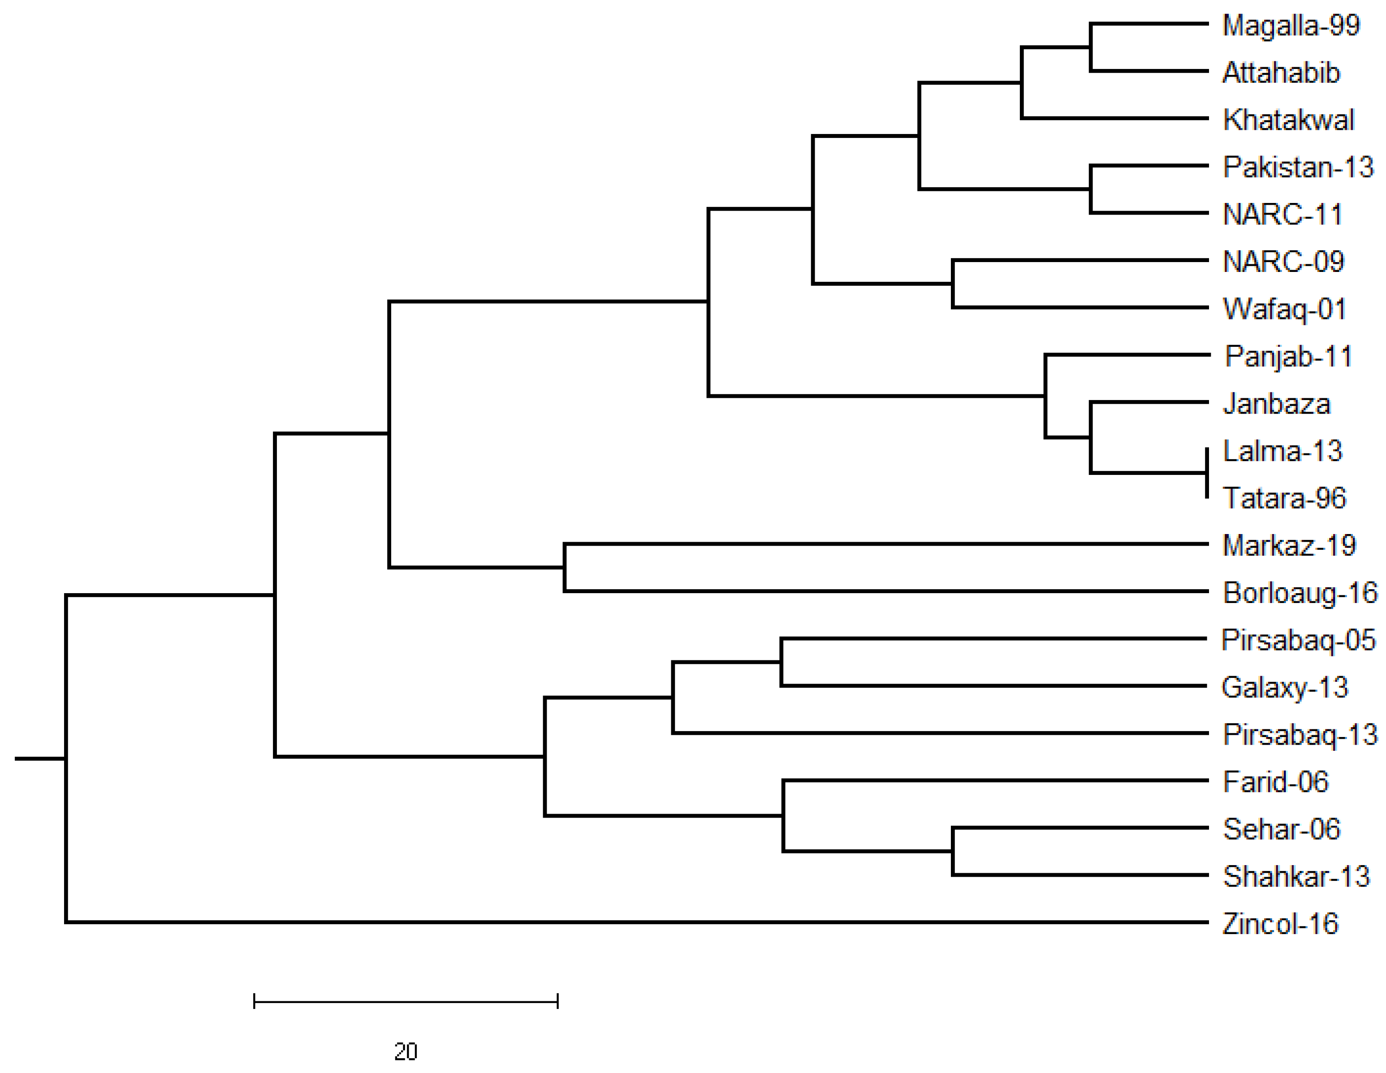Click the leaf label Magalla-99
(x=1291, y=26)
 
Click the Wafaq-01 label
(x=1284, y=309)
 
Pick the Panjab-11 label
(x=1288, y=356)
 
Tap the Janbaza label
(x=1276, y=404)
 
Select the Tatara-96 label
(x=1284, y=498)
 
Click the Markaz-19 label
(x=1289, y=546)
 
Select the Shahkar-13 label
(x=1296, y=876)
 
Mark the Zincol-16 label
(x=1280, y=924)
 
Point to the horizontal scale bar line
(x=406, y=1002)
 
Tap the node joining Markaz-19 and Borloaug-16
(x=565, y=567)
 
